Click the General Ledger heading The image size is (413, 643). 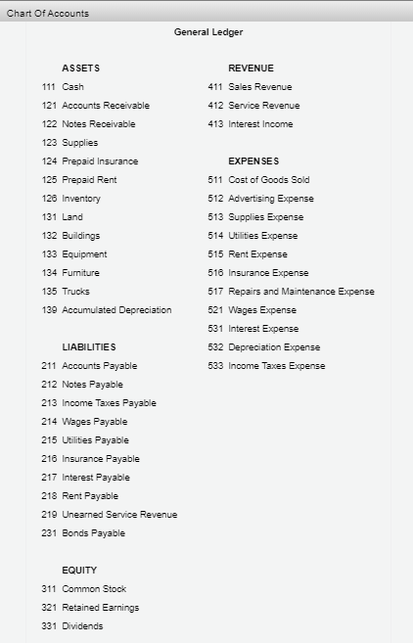coord(208,32)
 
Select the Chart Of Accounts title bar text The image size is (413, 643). coord(48,13)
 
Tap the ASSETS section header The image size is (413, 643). coord(80,69)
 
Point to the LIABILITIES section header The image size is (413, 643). coord(89,347)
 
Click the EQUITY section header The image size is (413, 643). coord(79,571)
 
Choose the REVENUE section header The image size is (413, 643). coord(251,69)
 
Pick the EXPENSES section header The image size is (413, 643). coord(253,161)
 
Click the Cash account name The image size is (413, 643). coord(73,87)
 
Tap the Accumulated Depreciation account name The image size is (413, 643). coord(116,310)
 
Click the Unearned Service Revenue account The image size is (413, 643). coord(119,515)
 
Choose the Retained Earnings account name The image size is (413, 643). coord(101,608)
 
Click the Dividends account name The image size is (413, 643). coord(82,626)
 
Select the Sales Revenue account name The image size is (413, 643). coord(260,87)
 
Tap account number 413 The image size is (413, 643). coord(215,124)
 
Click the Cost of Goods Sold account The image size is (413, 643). coord(269,180)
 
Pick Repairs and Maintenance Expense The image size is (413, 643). coord(301,292)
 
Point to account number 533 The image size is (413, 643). coord(215,366)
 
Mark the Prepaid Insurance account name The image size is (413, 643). coord(100,161)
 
